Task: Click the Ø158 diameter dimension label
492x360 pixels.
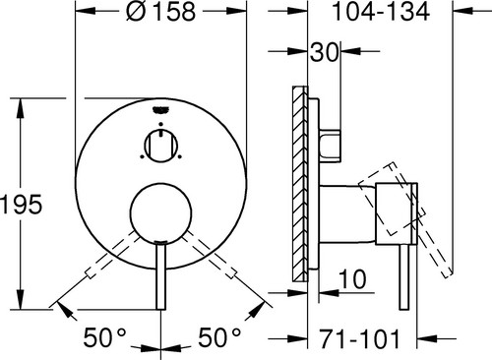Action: pos(160,12)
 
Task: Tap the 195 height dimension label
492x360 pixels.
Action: pos(22,205)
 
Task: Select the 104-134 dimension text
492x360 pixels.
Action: pos(381,12)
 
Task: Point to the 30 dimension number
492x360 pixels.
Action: pos(324,52)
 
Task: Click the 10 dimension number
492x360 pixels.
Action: pos(352,279)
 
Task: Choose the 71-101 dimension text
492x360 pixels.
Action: pos(360,338)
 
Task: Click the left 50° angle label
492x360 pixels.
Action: pos(104,337)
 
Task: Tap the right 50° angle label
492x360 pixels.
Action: pos(219,337)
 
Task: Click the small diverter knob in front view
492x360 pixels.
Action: pos(161,146)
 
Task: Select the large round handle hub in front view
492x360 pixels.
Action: pos(160,213)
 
